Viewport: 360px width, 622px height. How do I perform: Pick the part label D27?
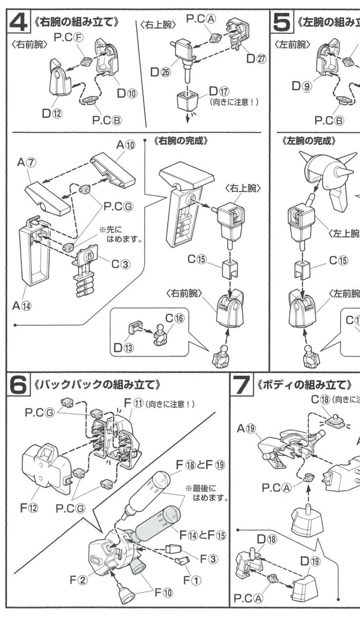click(256, 58)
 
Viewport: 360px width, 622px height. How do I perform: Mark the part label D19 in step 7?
click(310, 561)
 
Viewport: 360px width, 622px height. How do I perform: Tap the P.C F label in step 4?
click(73, 37)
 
